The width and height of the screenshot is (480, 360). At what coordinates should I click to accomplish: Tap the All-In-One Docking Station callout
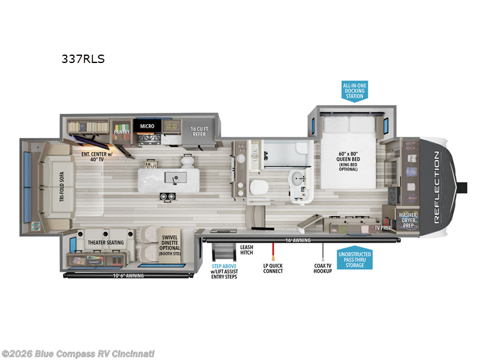(x=354, y=91)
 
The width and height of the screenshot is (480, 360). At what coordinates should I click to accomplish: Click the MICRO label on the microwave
(x=148, y=126)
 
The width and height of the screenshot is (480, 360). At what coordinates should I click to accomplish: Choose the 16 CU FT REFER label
(x=199, y=132)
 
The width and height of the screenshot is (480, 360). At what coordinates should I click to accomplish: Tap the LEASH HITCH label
(x=247, y=250)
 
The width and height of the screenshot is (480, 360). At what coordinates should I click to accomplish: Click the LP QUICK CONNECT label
(x=273, y=268)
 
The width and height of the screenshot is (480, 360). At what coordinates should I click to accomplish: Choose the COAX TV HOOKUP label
(x=322, y=268)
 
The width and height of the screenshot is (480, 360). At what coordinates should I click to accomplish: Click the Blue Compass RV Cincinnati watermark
(x=78, y=353)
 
